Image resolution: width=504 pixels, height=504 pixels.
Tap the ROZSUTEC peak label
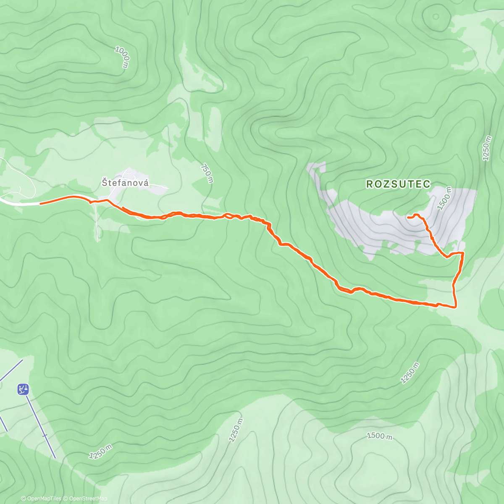coord(398,184)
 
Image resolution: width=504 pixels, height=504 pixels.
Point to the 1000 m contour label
coord(123,57)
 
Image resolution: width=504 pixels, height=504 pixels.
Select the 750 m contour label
coord(207,173)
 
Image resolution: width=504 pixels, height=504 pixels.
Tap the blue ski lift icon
coord(23,389)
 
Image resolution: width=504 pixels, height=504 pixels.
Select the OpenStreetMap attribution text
coord(88,499)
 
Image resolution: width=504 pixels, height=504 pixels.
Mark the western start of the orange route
coord(41,204)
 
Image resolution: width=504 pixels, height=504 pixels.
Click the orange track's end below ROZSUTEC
coord(408,217)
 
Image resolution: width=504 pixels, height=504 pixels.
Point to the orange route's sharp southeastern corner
coord(456,307)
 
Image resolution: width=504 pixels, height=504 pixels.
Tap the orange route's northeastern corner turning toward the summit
coord(463,253)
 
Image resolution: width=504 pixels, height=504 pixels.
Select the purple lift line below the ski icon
coord(41,424)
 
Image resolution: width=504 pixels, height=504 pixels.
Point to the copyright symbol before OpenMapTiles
coord(23,499)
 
